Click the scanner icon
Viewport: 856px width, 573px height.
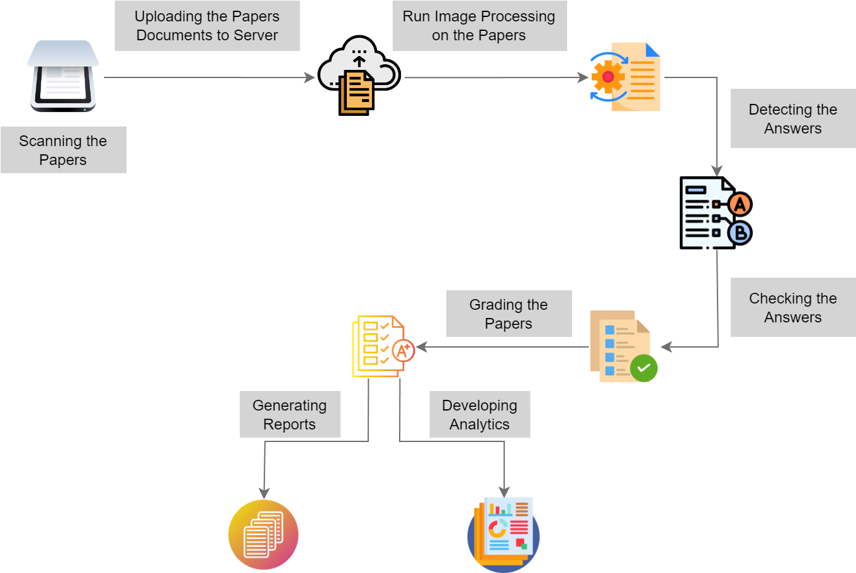coord(63,76)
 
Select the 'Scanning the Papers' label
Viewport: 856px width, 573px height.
coord(63,150)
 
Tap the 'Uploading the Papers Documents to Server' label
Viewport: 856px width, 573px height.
coord(207,26)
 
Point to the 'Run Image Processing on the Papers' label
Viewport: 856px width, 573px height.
coord(479,26)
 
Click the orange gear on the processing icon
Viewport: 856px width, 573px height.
coord(607,77)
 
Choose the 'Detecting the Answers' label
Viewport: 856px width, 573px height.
coord(793,118)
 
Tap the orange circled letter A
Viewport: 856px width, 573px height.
coord(740,205)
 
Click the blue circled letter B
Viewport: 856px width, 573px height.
coord(740,233)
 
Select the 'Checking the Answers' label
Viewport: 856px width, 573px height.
coord(793,307)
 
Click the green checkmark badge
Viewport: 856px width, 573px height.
coord(643,368)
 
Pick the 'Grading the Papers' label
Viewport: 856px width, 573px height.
coord(509,314)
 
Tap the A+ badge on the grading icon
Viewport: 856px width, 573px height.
coord(403,350)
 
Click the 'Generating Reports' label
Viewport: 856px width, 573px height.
coord(290,414)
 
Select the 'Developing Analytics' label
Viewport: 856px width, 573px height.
coord(480,414)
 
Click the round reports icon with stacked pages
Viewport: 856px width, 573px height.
coord(263,535)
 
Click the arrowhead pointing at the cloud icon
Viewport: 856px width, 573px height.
coord(310,77)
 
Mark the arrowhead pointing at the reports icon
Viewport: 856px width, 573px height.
coord(264,492)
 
